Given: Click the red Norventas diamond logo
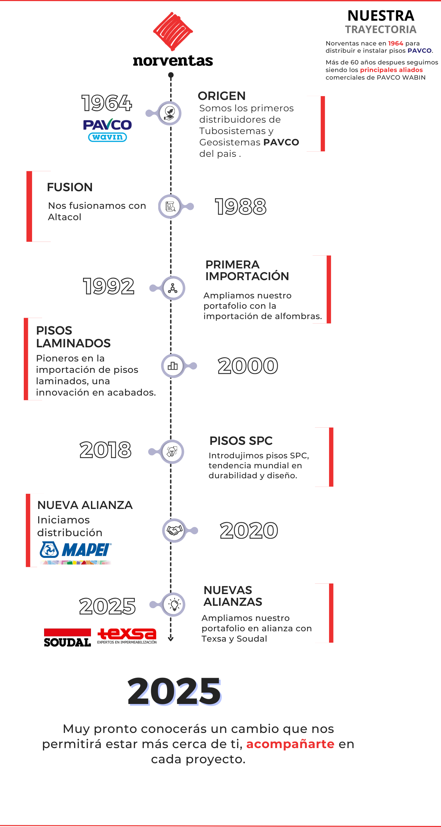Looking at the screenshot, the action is pyautogui.click(x=173, y=31).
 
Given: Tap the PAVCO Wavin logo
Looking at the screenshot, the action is pyautogui.click(x=107, y=130).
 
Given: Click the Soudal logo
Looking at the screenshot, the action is pyautogui.click(x=68, y=637).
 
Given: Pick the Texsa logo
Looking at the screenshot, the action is pyautogui.click(x=127, y=636).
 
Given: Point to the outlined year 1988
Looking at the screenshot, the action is pyautogui.click(x=241, y=207).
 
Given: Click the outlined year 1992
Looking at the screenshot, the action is pyautogui.click(x=109, y=286).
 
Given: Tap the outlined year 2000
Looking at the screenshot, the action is pyautogui.click(x=248, y=366).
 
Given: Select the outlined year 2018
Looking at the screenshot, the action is pyautogui.click(x=105, y=450).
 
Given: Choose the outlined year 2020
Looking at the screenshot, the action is pyautogui.click(x=249, y=531).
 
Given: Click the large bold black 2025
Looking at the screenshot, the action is pyautogui.click(x=174, y=691).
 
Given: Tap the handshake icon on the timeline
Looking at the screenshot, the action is pyautogui.click(x=175, y=530).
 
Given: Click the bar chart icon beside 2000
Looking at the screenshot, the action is pyautogui.click(x=173, y=366).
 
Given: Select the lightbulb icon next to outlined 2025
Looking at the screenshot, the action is pyautogui.click(x=174, y=604).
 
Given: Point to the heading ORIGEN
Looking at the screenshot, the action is pyautogui.click(x=222, y=96).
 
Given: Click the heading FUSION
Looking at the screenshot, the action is pyautogui.click(x=70, y=187).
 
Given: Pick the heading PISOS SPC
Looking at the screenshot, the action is pyautogui.click(x=241, y=441).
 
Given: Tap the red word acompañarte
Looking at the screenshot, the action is pyautogui.click(x=290, y=744).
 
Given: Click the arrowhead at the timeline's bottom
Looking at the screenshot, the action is pyautogui.click(x=171, y=639).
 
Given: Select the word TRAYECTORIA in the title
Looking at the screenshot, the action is pyautogui.click(x=381, y=30).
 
